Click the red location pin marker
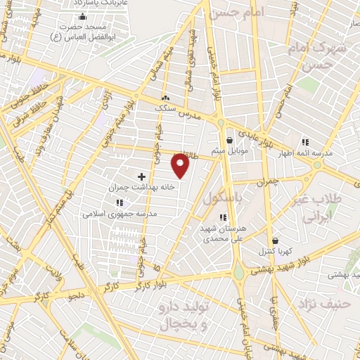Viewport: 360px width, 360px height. coord(181,166)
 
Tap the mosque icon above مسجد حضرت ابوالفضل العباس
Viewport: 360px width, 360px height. coord(83,16)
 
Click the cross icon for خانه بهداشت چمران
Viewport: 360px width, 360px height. coord(141,176)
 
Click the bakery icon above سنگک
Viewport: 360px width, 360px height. coord(165,99)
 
